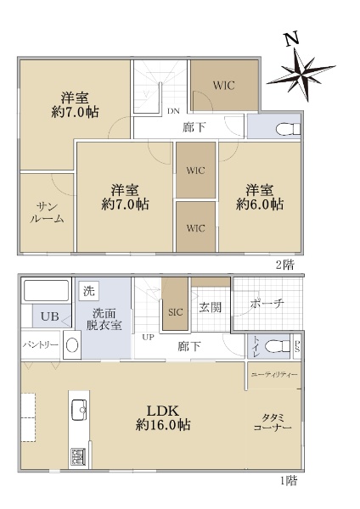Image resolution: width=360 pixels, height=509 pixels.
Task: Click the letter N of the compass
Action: pyautogui.click(x=292, y=39)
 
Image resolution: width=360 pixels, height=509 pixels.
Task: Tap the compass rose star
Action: pyautogui.click(x=301, y=75)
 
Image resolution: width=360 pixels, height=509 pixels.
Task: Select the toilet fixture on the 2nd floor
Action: pyautogui.click(x=288, y=129)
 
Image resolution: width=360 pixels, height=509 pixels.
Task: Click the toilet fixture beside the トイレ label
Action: pyautogui.click(x=277, y=346)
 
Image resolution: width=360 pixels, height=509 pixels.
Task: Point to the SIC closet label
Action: pyautogui.click(x=176, y=312)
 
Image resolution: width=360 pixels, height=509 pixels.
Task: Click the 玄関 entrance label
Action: pyautogui.click(x=211, y=307)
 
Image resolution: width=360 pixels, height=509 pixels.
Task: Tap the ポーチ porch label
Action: pyautogui.click(x=267, y=304)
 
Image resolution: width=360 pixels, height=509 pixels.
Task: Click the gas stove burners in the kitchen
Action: pyautogui.click(x=78, y=456)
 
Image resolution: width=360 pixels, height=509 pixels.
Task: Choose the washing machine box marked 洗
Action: pyautogui.click(x=88, y=290)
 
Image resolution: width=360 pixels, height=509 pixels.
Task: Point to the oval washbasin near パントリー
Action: pyautogui.click(x=72, y=345)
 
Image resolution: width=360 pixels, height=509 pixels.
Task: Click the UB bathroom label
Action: pyautogui.click(x=50, y=316)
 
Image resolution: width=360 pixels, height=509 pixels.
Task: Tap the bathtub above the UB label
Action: pyautogui.click(x=47, y=291)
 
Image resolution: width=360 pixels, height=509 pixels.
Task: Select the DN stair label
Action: pyautogui.click(x=173, y=111)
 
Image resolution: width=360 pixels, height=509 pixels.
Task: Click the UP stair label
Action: pyautogui.click(x=148, y=338)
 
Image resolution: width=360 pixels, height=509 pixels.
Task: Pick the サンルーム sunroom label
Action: pyautogui.click(x=47, y=213)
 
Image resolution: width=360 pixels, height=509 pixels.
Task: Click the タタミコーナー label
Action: pyautogui.click(x=273, y=422)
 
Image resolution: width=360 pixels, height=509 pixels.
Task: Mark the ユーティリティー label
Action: pyautogui.click(x=274, y=375)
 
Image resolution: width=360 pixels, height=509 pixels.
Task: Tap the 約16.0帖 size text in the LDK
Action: pyautogui.click(x=163, y=425)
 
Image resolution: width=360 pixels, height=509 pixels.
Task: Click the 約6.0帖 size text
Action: pyautogui.click(x=260, y=204)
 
